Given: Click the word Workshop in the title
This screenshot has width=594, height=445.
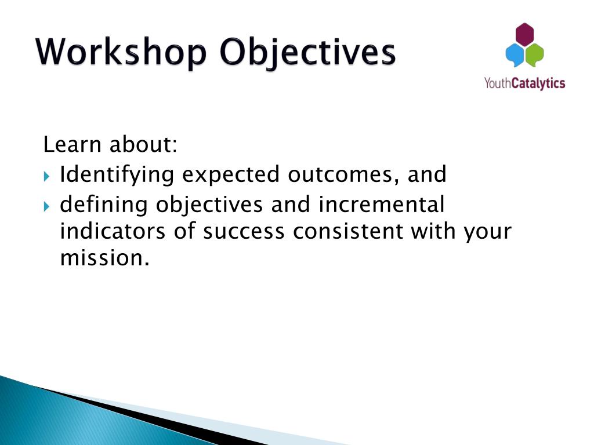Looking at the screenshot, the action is pos(121,53).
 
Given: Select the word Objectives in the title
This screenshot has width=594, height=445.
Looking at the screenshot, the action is pos(307,53).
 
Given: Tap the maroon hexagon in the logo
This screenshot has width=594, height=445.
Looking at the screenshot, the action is pos(524,35).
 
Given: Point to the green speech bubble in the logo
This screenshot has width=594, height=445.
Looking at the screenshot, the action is pos(535,55).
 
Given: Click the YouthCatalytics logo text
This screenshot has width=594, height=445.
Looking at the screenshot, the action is pos(524,83).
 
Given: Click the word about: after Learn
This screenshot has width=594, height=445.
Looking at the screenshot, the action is pos(143,144).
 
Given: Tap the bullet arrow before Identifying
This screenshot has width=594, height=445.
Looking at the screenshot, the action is pos(46,176).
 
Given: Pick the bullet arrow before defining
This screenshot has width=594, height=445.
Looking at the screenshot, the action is pos(46,206).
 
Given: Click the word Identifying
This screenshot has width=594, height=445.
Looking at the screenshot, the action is pos(117,176).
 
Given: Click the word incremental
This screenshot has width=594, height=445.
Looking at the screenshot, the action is pos(382,205).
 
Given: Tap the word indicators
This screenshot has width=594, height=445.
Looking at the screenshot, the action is pos(113,231).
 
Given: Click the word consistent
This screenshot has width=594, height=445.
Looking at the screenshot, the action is pos(348,231).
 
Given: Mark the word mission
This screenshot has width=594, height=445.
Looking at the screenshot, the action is pos(105,258).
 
